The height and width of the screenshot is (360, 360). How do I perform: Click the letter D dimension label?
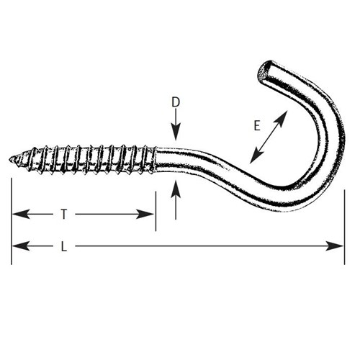(176, 102)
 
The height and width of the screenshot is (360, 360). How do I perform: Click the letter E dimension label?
(257, 125)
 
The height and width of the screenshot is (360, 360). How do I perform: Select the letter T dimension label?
(63, 214)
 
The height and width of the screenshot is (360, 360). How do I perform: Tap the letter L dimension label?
(63, 246)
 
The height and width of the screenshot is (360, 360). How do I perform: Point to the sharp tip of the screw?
(9, 159)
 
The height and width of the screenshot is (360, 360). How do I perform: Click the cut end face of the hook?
(264, 71)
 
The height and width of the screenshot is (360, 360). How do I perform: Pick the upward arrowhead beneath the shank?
(176, 189)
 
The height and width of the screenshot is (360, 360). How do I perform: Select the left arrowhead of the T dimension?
(21, 214)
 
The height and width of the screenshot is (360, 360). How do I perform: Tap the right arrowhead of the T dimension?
(145, 214)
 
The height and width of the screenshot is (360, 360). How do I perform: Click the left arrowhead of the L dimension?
(21, 246)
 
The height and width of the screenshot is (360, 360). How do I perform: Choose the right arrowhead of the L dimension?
(335, 246)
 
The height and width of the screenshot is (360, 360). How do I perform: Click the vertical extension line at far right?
(345, 227)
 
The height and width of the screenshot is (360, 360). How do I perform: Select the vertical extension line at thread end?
(156, 211)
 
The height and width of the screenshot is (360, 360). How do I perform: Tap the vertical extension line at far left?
(12, 221)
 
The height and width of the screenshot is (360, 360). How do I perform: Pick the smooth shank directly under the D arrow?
(176, 161)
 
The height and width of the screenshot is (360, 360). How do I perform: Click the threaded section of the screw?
(83, 159)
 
